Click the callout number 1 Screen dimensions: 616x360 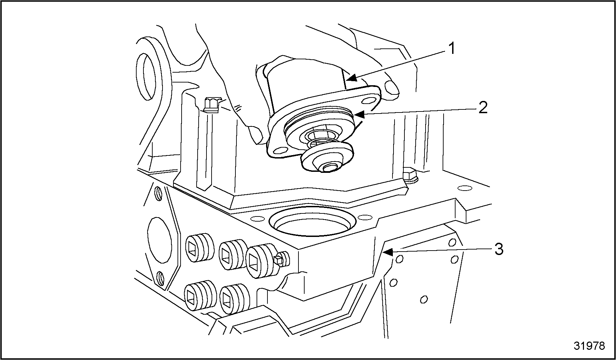(451, 48)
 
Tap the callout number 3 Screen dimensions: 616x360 (499, 250)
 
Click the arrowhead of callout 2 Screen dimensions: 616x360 (360, 115)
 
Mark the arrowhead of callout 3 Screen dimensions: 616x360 (388, 252)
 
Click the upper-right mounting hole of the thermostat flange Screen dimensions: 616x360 (368, 101)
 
